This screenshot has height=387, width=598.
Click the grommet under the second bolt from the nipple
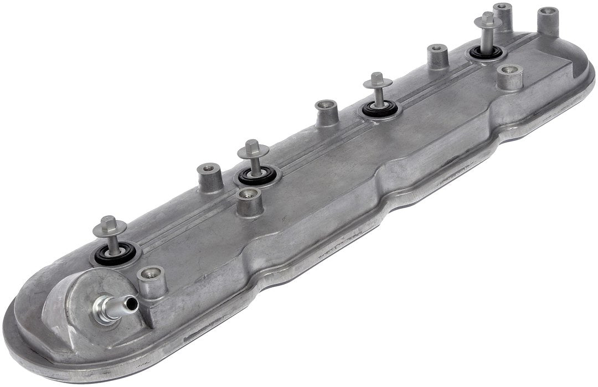[257, 177]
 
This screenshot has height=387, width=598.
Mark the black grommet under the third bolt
[380, 109]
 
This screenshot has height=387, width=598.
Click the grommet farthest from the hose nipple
[487, 53]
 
